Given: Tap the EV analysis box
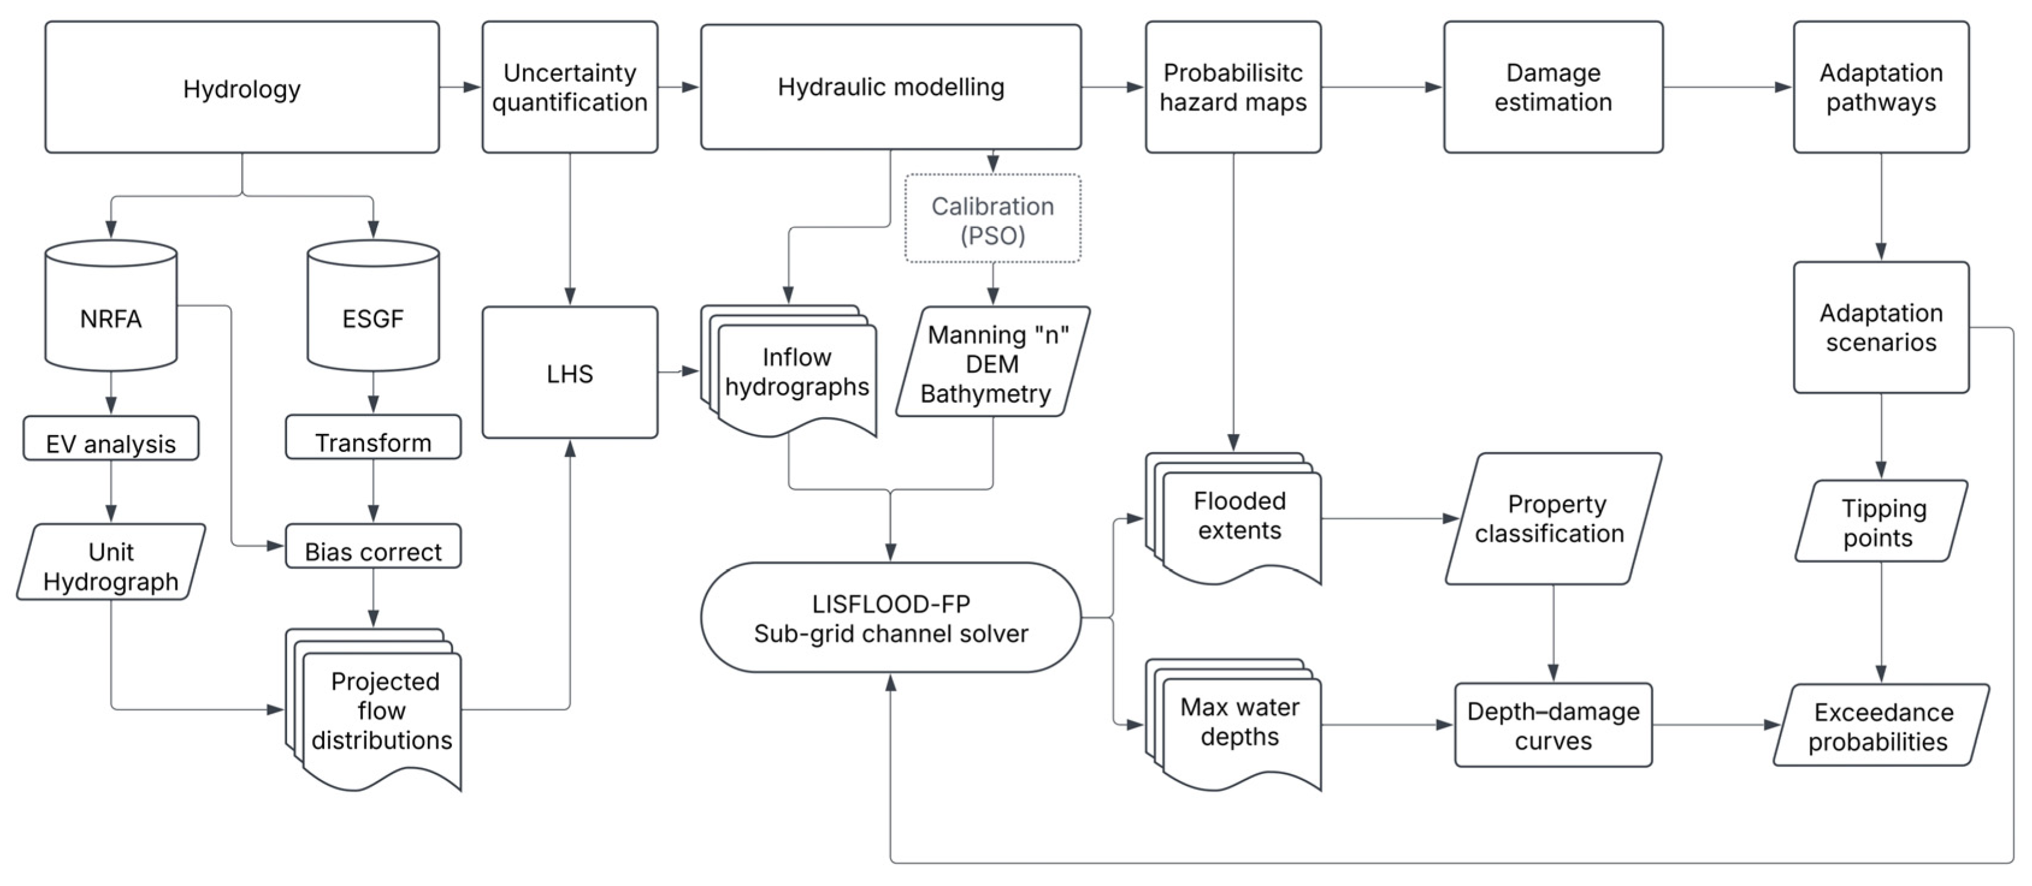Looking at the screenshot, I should (111, 439).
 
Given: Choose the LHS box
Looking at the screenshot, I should (570, 373).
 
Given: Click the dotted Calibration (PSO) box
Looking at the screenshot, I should (992, 218).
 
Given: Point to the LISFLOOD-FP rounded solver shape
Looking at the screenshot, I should (891, 618).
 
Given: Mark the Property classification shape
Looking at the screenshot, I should (1552, 519).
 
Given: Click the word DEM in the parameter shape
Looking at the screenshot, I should (992, 365).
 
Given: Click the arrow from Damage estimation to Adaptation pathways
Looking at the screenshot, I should (1728, 87).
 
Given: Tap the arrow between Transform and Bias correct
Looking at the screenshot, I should (373, 491).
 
